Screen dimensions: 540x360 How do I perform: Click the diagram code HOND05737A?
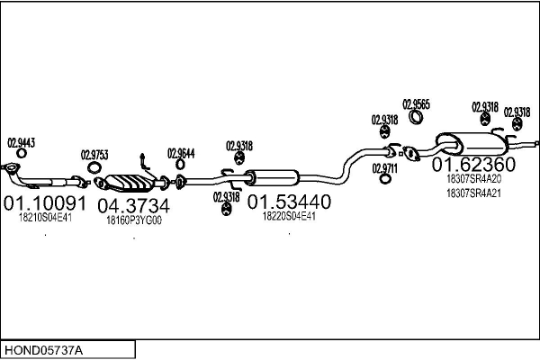pyautogui.click(x=43, y=350)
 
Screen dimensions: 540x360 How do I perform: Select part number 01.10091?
pyautogui.click(x=44, y=203)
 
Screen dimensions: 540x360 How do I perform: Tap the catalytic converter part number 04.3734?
pyautogui.click(x=133, y=206)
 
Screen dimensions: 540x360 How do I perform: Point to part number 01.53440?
pyautogui.click(x=289, y=202)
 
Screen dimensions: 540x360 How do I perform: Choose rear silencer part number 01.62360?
pyautogui.click(x=473, y=165)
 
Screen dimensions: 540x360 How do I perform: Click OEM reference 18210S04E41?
pyautogui.click(x=45, y=218)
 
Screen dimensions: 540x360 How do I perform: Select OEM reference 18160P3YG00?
pyautogui.click(x=134, y=220)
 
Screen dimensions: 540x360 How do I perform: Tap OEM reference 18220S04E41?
pyautogui.click(x=289, y=216)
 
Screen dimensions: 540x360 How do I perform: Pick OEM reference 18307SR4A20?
pyautogui.click(x=473, y=179)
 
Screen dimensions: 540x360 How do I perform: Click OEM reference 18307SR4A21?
pyautogui.click(x=473, y=193)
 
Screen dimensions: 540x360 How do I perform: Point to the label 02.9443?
pyautogui.click(x=22, y=142)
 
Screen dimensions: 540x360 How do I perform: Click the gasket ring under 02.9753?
pyautogui.click(x=94, y=168)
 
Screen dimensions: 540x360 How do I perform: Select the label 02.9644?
pyautogui.click(x=181, y=153)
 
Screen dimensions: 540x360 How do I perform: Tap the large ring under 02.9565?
pyautogui.click(x=417, y=117)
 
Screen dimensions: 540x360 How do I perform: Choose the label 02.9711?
pyautogui.click(x=384, y=169)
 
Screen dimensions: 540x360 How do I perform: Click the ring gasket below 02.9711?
pyautogui.click(x=385, y=179)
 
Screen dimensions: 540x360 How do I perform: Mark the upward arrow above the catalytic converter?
pyautogui.click(x=142, y=160)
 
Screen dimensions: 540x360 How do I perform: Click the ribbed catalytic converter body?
pyautogui.click(x=129, y=184)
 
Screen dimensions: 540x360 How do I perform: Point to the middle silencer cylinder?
pyautogui.click(x=272, y=178)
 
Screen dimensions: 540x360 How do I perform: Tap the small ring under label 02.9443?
pyautogui.click(x=22, y=153)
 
